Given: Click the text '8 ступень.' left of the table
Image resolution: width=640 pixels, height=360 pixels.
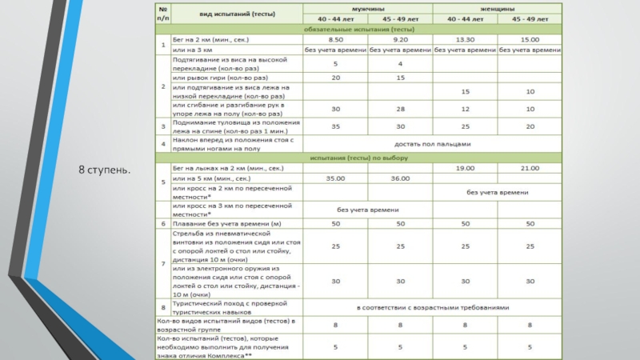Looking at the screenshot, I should (x=105, y=172).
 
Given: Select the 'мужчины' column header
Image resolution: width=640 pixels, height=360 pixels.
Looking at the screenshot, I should (x=367, y=8).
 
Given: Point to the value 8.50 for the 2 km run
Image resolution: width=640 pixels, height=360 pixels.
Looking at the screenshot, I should (x=336, y=38).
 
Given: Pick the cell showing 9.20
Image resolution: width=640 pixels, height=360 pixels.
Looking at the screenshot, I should (x=400, y=38).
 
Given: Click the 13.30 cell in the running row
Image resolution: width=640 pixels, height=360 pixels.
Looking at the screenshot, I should (x=465, y=38).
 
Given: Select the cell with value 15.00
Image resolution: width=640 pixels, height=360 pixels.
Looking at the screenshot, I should (x=530, y=38).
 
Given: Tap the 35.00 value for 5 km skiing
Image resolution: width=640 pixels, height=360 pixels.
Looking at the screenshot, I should (x=336, y=179).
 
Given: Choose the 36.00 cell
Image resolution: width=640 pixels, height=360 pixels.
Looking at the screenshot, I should (x=400, y=179).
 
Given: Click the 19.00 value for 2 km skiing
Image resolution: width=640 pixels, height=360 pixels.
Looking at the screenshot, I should (x=465, y=168).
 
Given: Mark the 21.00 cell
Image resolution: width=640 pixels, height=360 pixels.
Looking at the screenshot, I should (x=530, y=168).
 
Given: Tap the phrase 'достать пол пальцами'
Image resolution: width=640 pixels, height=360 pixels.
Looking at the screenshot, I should (x=432, y=144).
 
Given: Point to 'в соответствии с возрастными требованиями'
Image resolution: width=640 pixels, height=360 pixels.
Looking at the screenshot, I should (x=432, y=306).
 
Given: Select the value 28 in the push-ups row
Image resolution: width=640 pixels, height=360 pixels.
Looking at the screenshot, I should (x=400, y=109).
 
